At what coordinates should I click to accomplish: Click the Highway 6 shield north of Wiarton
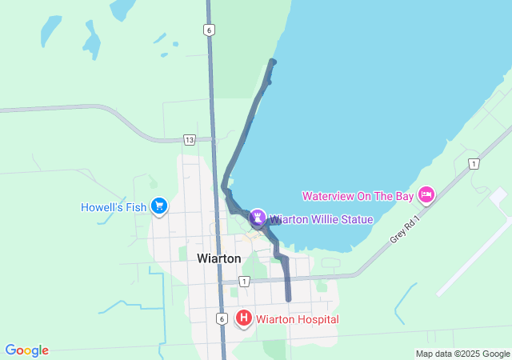[x=208, y=30]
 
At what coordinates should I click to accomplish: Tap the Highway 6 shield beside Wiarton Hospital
[x=222, y=318]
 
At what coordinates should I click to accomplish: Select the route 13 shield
[x=189, y=139]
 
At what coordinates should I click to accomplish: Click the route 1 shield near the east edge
[x=474, y=164]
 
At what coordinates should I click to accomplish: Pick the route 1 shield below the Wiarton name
[x=244, y=281]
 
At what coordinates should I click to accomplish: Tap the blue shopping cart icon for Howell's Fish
[x=158, y=206]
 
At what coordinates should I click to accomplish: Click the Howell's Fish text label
[x=114, y=207]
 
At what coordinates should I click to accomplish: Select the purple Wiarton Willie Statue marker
[x=258, y=217]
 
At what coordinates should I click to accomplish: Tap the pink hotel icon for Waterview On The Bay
[x=426, y=194]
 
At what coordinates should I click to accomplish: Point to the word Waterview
[x=331, y=196]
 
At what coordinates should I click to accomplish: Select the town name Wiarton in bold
[x=218, y=258]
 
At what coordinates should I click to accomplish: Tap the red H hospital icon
[x=244, y=319]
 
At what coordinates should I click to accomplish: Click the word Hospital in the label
[x=317, y=319]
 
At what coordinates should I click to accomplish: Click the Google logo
[x=26, y=350]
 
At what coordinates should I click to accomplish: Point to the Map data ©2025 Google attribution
[x=462, y=354]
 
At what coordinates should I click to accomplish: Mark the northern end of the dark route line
[x=274, y=62]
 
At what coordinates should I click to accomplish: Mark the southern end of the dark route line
[x=288, y=300]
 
